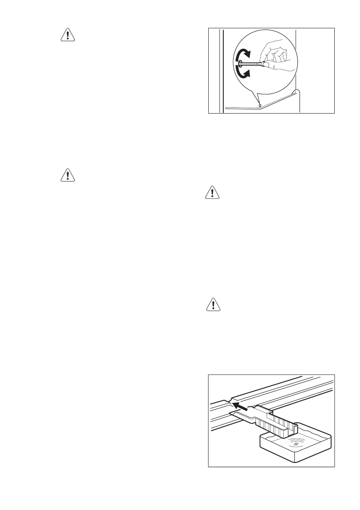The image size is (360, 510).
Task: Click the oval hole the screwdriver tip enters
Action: click(x=240, y=65)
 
